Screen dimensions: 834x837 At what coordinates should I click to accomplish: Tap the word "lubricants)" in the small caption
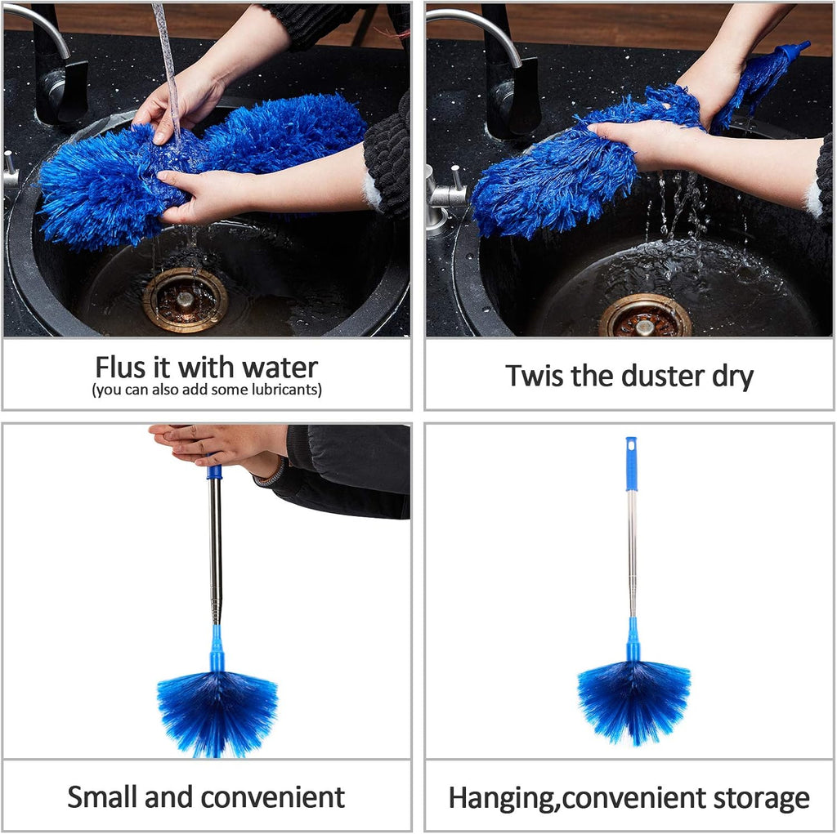285,390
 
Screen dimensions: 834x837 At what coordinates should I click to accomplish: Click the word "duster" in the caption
670,376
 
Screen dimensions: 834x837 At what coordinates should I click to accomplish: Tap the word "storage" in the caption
757,798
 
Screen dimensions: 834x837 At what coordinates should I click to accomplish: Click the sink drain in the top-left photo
186,300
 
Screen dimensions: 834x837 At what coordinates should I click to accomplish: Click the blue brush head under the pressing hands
217,708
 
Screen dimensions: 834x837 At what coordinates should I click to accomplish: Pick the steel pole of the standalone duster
632,555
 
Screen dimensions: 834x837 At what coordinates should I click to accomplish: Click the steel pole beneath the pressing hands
215,547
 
